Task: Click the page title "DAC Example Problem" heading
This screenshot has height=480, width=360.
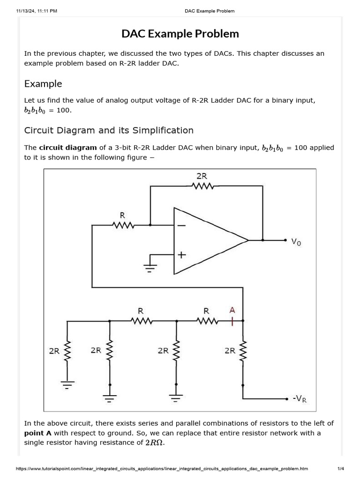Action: (x=180, y=34)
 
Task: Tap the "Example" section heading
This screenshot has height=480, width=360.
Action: (x=43, y=84)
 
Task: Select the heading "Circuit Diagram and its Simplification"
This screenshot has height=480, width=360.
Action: (x=109, y=130)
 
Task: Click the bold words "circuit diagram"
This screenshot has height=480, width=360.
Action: (x=68, y=148)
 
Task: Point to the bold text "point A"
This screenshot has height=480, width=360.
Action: (x=38, y=433)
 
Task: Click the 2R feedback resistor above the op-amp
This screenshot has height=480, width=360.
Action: (x=202, y=186)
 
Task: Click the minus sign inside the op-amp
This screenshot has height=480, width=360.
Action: (x=181, y=225)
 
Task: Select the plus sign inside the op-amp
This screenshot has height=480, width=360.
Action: (x=181, y=255)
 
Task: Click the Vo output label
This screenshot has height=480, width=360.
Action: (x=296, y=242)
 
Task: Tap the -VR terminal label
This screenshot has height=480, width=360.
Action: (x=300, y=399)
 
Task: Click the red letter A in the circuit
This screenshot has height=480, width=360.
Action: (x=232, y=310)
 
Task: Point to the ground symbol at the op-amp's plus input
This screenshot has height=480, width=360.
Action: (x=149, y=268)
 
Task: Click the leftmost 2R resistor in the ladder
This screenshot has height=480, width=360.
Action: (x=67, y=351)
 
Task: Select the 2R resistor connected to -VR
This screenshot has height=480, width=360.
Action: (x=243, y=351)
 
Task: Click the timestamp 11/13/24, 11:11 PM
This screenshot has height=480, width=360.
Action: (x=37, y=11)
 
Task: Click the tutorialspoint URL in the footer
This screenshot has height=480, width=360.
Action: (x=162, y=469)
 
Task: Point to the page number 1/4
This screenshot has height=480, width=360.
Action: (x=340, y=469)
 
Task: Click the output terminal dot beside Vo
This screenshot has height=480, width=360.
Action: (x=285, y=240)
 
